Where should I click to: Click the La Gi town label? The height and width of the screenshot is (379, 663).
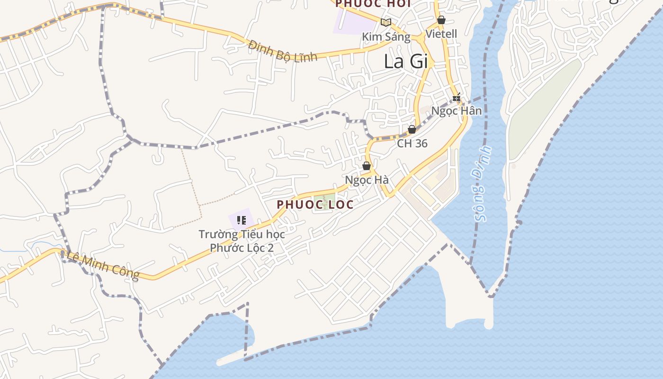point(406,62)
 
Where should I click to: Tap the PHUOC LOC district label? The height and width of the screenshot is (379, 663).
point(315,205)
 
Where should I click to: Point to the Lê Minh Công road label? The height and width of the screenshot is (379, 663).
point(103,265)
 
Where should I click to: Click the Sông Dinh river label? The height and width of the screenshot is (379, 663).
point(483,184)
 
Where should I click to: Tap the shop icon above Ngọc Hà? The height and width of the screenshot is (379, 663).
point(367,166)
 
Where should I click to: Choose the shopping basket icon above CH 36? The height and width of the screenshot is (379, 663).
point(412,129)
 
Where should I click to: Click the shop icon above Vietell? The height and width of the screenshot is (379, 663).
point(441,20)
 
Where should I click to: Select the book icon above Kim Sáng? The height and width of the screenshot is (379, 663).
point(386,22)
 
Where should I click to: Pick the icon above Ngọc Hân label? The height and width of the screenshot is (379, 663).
point(457,98)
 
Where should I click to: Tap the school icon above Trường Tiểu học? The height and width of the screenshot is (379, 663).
point(242,220)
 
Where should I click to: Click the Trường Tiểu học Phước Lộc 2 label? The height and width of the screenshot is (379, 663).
point(242,241)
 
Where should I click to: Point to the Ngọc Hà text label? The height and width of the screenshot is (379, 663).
point(367,180)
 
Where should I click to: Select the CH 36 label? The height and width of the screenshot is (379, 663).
point(412,144)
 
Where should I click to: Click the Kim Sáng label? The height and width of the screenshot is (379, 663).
point(386,36)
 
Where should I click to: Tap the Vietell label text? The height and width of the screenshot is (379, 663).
point(441,34)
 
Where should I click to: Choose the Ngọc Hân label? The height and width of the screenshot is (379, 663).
point(457,111)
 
